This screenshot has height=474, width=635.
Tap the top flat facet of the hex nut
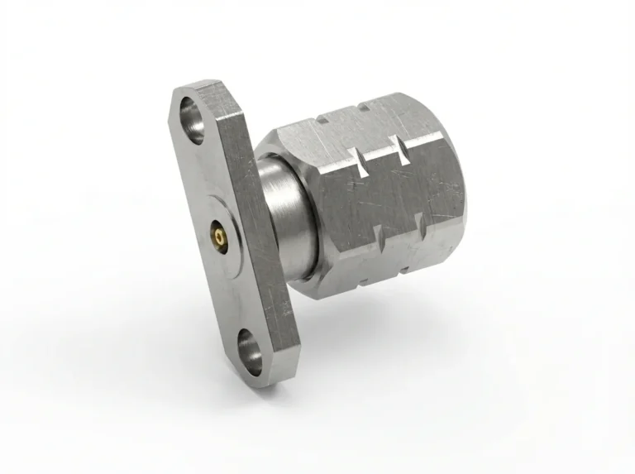point(364,120)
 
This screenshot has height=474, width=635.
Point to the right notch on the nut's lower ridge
point(419,221)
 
